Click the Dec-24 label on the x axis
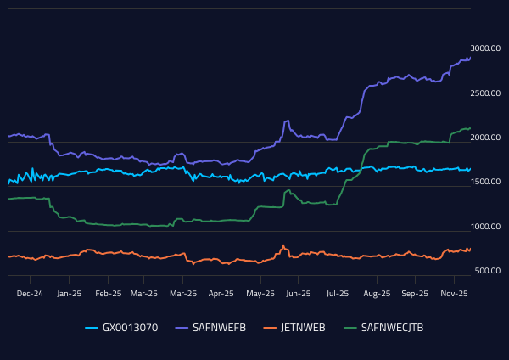[31, 293]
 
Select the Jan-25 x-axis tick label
[69, 293]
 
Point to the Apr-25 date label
[221, 293]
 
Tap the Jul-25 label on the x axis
[338, 293]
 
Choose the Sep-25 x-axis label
[415, 293]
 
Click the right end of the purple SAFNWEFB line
[471, 58]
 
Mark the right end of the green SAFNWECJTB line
[471, 128]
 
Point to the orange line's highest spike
[283, 245]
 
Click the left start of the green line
[8, 199]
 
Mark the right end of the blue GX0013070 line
[471, 168]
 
